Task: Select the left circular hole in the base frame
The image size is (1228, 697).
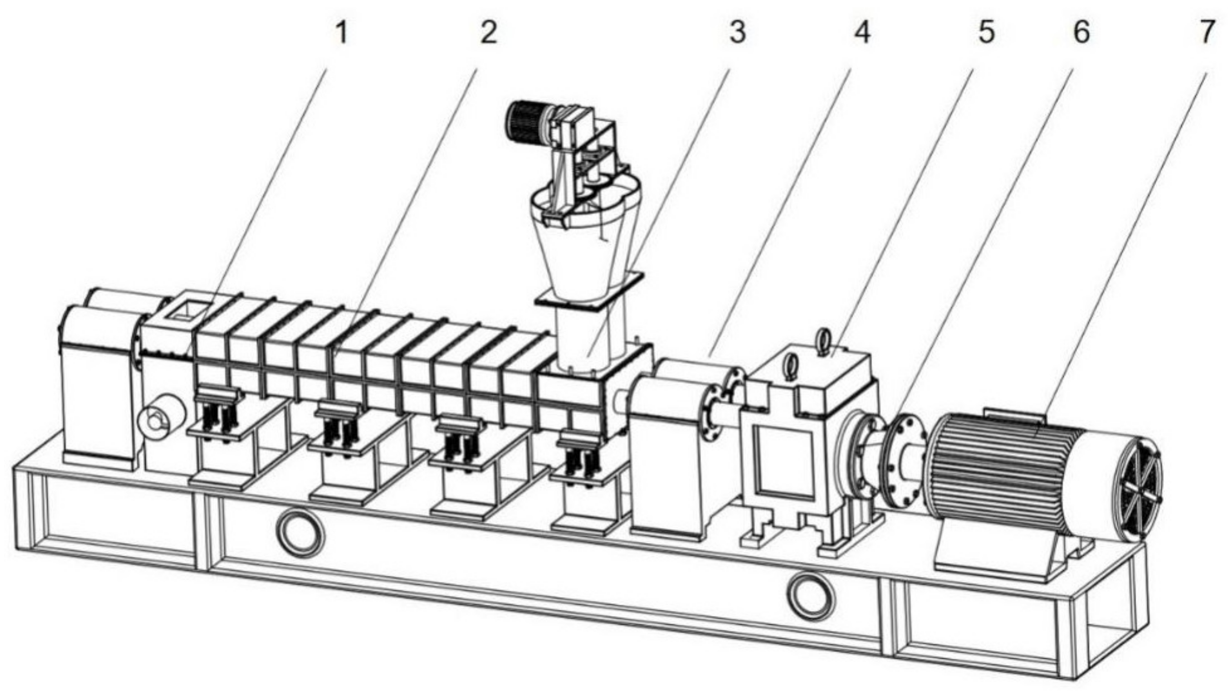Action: coord(300,532)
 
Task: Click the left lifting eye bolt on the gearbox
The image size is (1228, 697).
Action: coord(789,367)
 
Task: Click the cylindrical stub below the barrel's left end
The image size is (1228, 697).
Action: coord(162,421)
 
